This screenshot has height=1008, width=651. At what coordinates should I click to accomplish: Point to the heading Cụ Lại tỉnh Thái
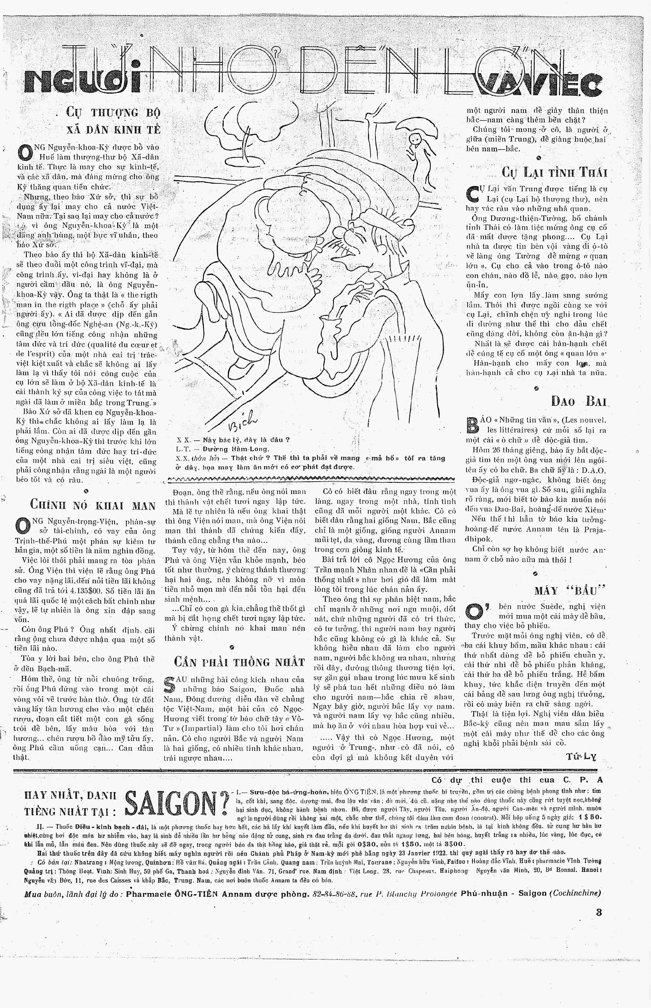554,172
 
